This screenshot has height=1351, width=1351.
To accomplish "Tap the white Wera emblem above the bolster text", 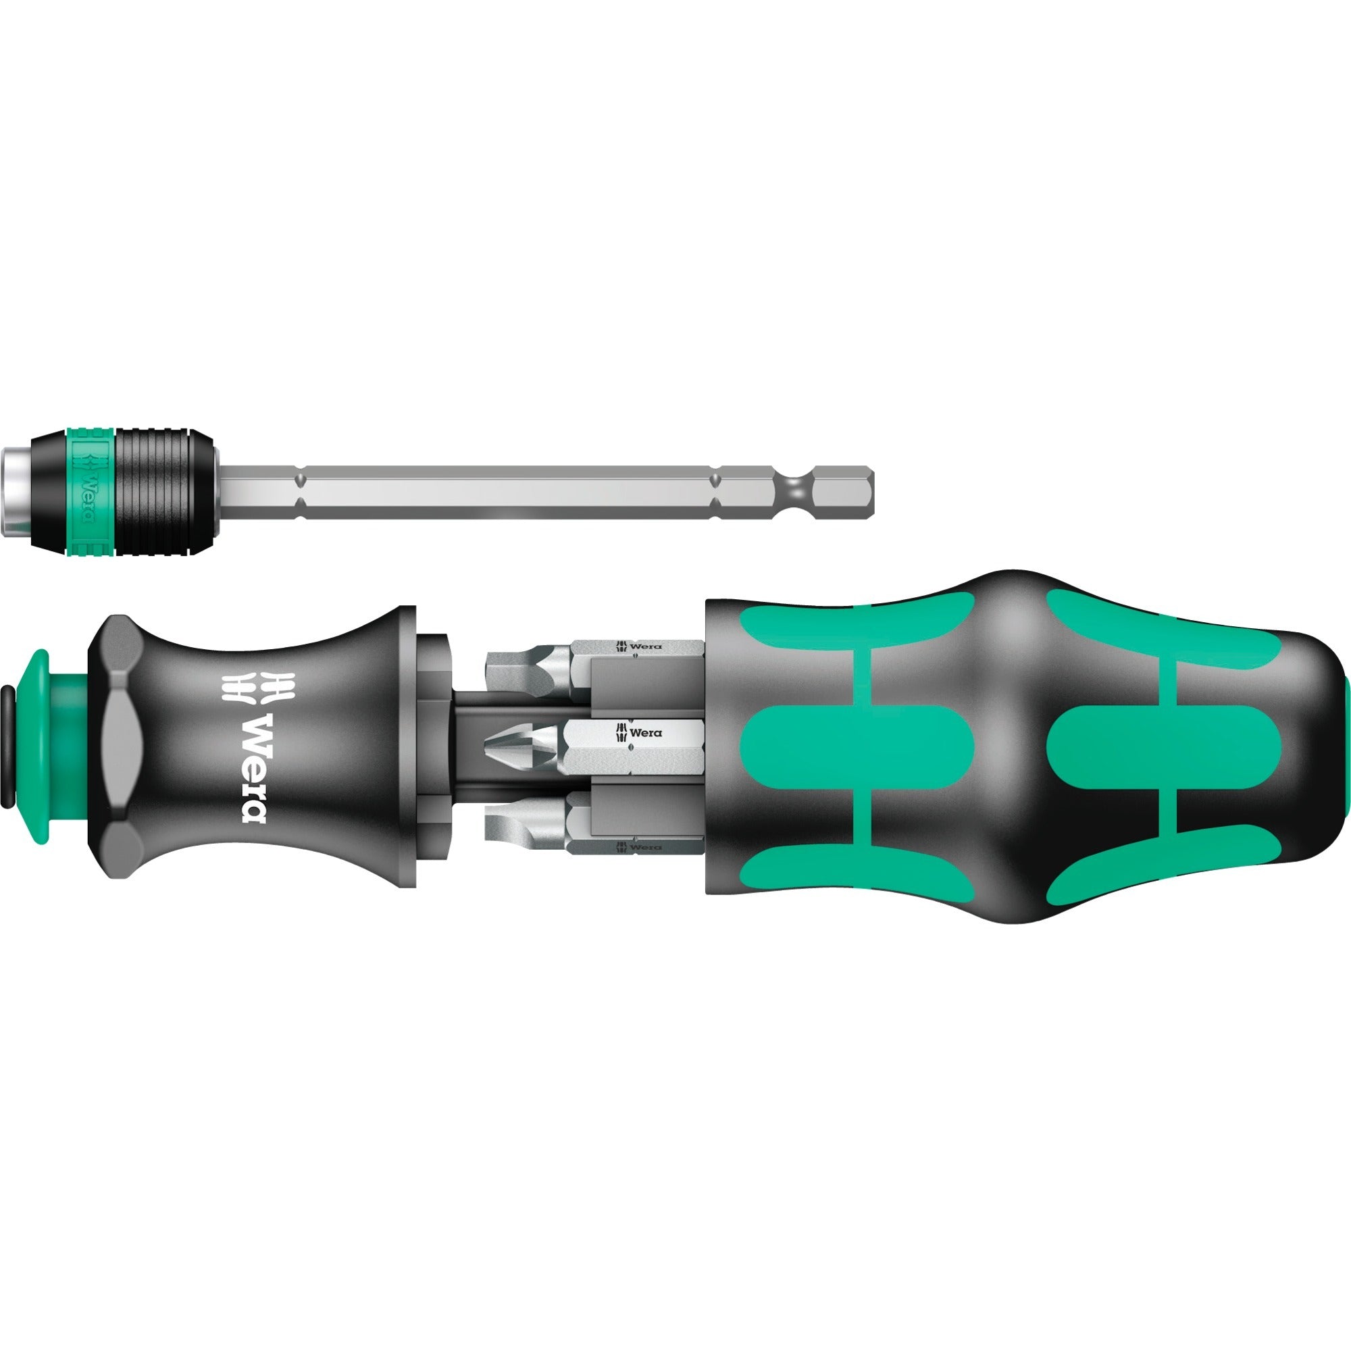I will (x=240, y=687).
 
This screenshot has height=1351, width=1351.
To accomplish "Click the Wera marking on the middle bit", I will (x=638, y=733).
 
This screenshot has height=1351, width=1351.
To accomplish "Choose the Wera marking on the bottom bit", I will (x=637, y=848).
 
